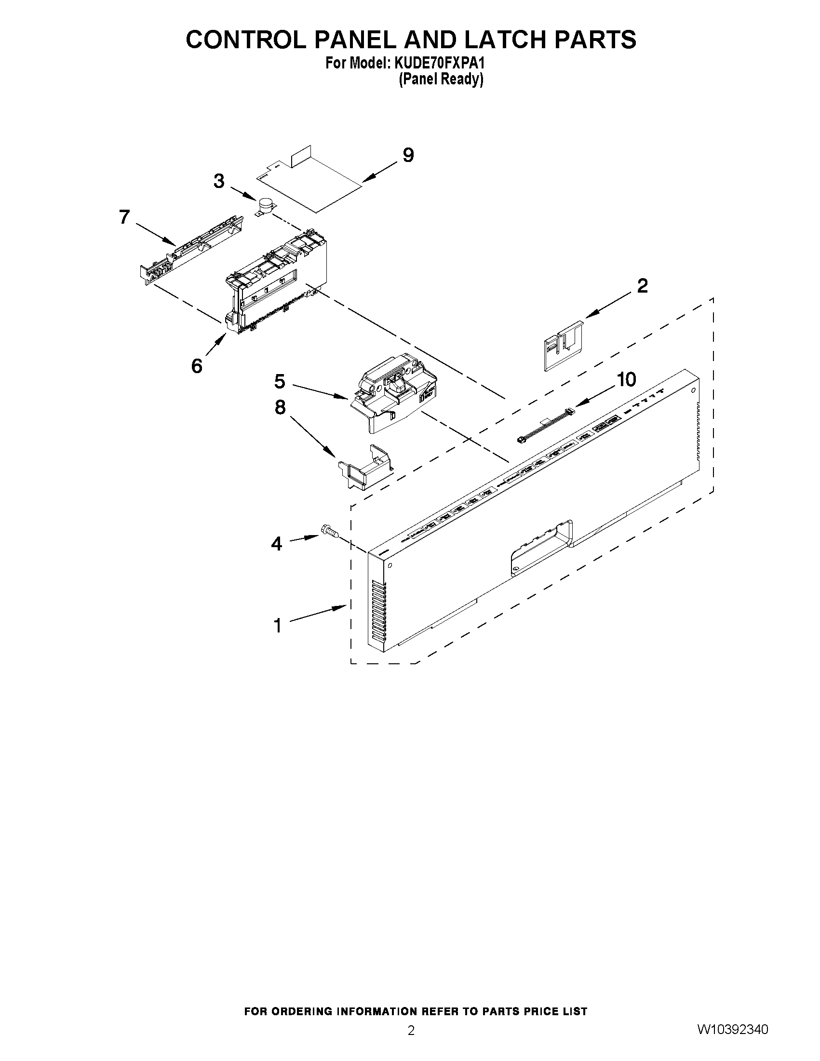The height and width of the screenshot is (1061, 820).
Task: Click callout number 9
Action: point(408,155)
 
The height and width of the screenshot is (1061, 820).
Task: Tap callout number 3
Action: point(219,181)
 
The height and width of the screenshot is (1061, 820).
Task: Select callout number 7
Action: point(124,216)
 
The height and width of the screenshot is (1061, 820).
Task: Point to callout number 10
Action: point(627,379)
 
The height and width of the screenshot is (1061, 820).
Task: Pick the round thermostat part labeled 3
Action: point(265,206)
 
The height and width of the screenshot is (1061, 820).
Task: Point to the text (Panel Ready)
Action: point(441,79)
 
